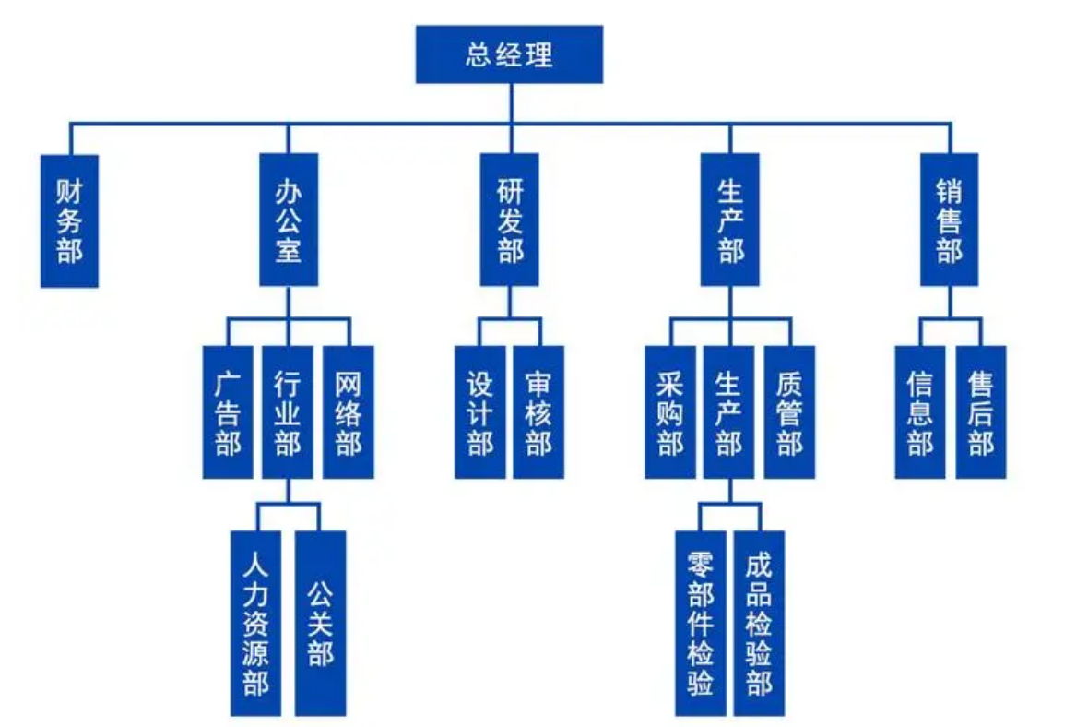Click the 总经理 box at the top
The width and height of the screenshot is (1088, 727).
[x=509, y=54]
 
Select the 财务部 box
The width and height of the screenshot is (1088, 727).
[x=69, y=220]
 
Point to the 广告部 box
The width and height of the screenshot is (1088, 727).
[x=228, y=412]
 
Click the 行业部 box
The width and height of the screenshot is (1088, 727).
[x=288, y=412]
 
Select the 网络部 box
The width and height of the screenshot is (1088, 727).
[x=348, y=412]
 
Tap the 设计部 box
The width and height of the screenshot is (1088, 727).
[x=479, y=412]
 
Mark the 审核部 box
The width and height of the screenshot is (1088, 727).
[x=538, y=412]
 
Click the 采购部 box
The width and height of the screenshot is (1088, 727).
[x=670, y=412]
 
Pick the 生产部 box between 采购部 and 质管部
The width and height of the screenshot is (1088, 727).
[x=729, y=412]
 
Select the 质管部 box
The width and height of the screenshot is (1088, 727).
[x=789, y=412]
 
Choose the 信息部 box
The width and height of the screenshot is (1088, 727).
[x=920, y=412]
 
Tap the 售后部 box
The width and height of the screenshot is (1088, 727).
[x=980, y=412]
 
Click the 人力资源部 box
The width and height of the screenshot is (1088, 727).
[x=255, y=623]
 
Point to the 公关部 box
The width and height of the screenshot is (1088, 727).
[x=320, y=623]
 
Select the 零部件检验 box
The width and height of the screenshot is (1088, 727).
[x=700, y=623]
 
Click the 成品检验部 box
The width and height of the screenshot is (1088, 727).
[x=759, y=623]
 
